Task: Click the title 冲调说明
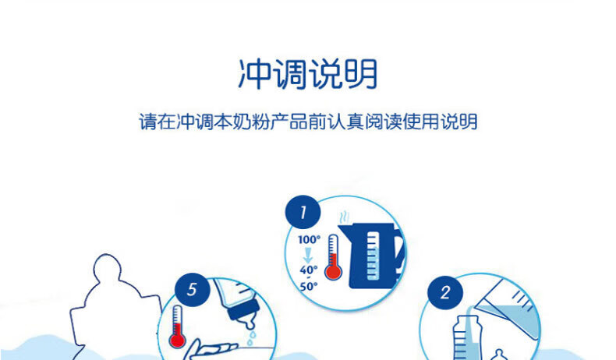(x=308, y=74)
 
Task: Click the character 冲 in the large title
(x=254, y=74)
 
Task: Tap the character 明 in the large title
(x=362, y=74)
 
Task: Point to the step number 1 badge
(x=303, y=212)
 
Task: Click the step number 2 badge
(x=445, y=292)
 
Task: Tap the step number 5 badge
(x=192, y=290)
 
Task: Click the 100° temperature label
(x=310, y=239)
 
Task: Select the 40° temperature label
(x=309, y=270)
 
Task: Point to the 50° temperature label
(x=309, y=286)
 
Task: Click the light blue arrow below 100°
(x=308, y=255)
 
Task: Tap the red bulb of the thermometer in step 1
(x=333, y=271)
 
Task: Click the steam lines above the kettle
(x=344, y=217)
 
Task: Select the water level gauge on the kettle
(x=373, y=256)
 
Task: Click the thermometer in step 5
(x=177, y=326)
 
